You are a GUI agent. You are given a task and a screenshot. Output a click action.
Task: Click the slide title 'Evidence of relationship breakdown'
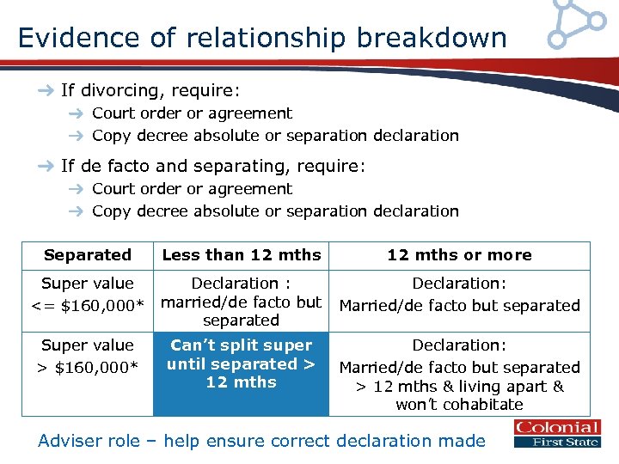tap(262, 38)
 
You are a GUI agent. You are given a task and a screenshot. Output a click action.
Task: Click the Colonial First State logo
tap(556, 434)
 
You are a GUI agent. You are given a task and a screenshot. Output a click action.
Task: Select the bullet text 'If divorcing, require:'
tap(150, 90)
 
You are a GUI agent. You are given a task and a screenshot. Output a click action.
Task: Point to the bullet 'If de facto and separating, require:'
tap(213, 166)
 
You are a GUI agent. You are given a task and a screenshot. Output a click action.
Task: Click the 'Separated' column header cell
tap(87, 255)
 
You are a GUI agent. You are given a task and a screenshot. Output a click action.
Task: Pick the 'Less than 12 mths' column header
tap(241, 255)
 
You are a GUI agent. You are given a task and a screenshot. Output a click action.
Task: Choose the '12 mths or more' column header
tap(459, 255)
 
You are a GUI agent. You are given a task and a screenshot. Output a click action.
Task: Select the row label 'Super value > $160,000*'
tap(87, 355)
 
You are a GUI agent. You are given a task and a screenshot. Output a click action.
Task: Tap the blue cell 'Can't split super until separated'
tap(241, 363)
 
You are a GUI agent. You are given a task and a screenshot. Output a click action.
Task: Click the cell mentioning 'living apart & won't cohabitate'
tap(459, 375)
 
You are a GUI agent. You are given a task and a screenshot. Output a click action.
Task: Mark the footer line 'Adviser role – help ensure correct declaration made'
tap(261, 441)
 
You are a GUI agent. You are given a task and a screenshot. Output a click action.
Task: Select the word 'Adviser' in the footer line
tap(70, 441)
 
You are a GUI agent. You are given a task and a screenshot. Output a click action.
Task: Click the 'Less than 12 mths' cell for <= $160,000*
tap(241, 302)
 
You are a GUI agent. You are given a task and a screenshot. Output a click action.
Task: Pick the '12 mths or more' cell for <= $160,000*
tap(459, 295)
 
